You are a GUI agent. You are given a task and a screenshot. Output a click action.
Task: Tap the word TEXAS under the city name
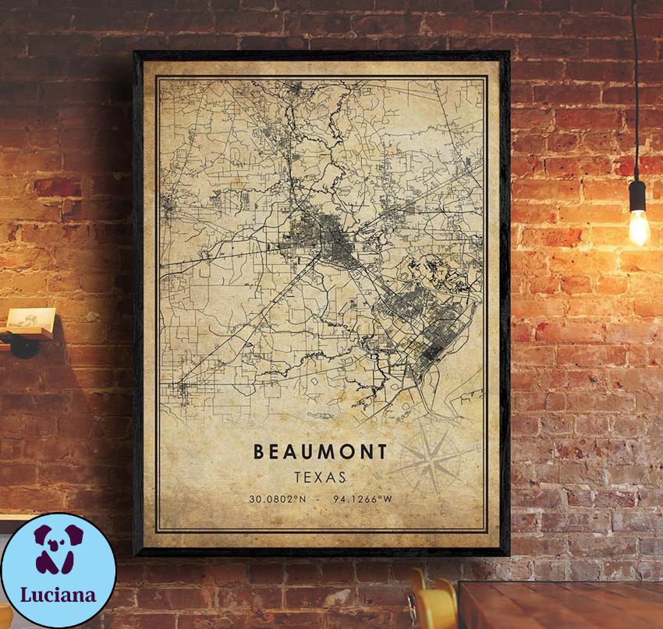pyautogui.click(x=320, y=475)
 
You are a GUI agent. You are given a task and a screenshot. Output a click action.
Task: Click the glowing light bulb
pyautogui.click(x=638, y=226)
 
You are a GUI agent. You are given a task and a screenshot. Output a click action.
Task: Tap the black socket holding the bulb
pyautogui.click(x=637, y=194)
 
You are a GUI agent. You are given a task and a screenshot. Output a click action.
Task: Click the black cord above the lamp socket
pyautogui.click(x=635, y=94)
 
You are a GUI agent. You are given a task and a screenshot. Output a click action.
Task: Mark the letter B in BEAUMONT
pyautogui.click(x=257, y=451)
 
